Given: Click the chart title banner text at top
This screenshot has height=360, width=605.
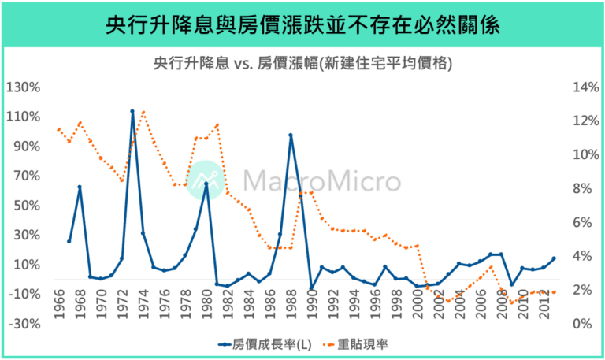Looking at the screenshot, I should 302,26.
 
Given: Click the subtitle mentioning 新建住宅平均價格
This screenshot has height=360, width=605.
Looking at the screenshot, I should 302,64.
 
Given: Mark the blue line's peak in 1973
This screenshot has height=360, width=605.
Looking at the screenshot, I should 132,112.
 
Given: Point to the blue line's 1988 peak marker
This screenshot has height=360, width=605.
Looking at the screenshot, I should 291,135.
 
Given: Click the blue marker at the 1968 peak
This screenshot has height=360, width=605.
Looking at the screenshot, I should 80,187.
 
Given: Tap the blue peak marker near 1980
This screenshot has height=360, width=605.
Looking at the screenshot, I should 206,184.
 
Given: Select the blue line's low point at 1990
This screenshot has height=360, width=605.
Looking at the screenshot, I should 311,288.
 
